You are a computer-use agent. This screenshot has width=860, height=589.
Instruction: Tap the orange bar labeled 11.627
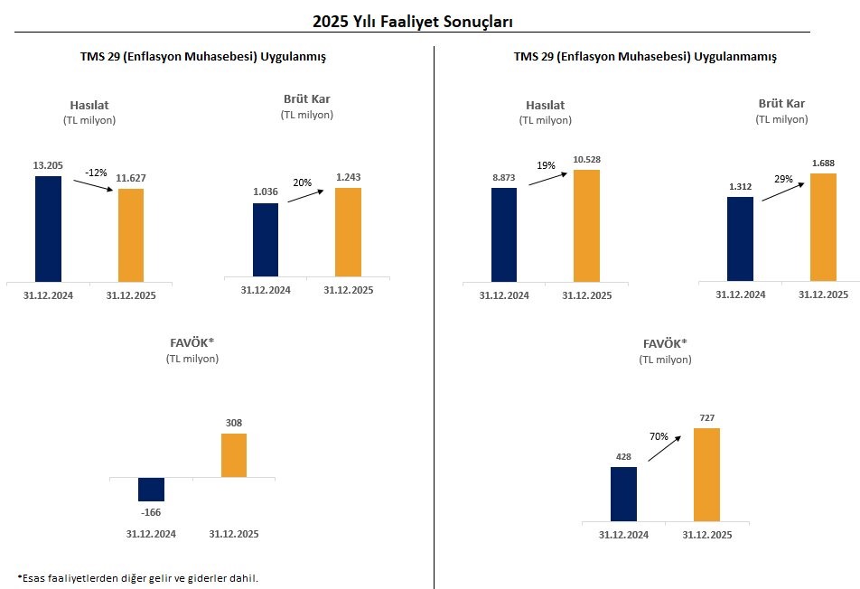point(131,234)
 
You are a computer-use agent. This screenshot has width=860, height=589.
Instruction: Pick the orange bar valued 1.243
point(348,231)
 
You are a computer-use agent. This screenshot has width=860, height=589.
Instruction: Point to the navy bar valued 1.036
point(266,239)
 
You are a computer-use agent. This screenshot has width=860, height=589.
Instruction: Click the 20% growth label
point(302,182)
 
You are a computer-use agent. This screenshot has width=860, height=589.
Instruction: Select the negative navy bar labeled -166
point(152,489)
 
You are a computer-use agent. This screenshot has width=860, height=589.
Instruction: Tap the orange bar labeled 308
point(234,455)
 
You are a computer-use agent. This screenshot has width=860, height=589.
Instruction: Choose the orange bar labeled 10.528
point(586,225)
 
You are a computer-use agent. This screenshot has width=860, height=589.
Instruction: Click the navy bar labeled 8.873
point(504,234)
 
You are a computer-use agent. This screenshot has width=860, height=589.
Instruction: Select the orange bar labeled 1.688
point(824,227)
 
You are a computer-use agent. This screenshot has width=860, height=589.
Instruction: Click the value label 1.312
point(740,187)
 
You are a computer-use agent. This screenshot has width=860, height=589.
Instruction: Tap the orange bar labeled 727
point(706,474)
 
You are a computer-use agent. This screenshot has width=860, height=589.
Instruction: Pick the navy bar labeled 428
point(623,493)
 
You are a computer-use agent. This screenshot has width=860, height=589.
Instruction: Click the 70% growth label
point(659,436)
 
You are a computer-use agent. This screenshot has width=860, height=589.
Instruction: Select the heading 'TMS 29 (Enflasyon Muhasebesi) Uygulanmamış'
point(645,56)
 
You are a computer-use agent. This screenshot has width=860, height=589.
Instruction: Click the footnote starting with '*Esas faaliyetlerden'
point(137,578)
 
